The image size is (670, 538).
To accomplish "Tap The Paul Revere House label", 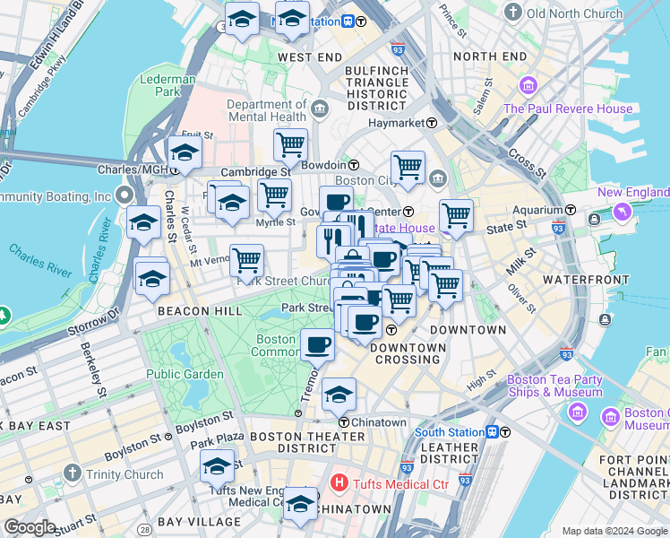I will pyautogui.click(x=568, y=109).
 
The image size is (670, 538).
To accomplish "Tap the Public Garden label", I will pyautogui.click(x=185, y=374).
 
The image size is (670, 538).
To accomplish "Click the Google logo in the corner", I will pyautogui.click(x=30, y=527).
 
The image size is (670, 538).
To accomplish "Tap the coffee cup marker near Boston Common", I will pyautogui.click(x=317, y=343).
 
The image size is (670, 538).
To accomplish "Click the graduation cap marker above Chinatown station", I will pyautogui.click(x=339, y=394).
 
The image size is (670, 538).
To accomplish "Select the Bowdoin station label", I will pyautogui.click(x=328, y=165).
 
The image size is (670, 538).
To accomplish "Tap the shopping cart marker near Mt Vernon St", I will pyautogui.click(x=246, y=261).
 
